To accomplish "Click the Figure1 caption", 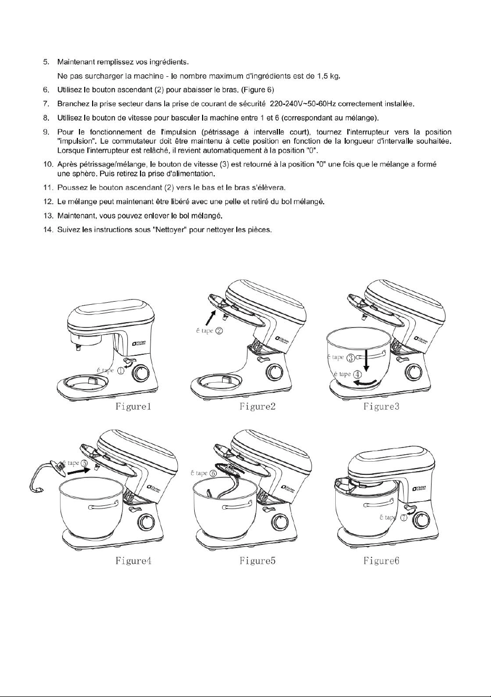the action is point(133,406).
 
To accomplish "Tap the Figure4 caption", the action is point(133,561).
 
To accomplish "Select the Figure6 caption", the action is point(381,561).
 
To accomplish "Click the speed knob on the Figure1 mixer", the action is point(141,373).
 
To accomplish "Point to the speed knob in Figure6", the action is point(421,519).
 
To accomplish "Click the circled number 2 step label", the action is point(219,331).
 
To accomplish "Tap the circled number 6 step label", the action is point(213,473).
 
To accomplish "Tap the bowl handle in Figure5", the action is point(237,507).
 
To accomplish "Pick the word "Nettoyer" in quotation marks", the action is point(169,230).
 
